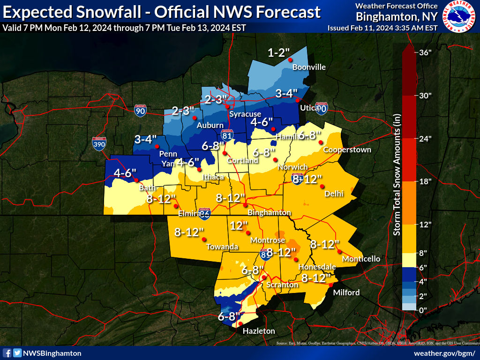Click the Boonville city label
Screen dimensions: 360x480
[309, 67]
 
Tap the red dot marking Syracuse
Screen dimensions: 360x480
[227, 107]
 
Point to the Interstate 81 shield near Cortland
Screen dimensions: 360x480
[227, 135]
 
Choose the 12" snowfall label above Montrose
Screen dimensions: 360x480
[239, 225]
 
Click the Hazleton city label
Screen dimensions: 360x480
[259, 331]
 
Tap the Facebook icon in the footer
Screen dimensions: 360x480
[7, 353]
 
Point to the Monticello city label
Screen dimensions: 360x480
[361, 259]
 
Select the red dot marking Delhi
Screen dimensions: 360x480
[322, 187]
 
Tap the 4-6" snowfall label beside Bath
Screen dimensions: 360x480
[125, 173]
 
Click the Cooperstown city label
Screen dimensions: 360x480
[347, 150]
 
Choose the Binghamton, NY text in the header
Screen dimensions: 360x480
[397, 17]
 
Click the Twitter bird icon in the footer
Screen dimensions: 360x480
[17, 353]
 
